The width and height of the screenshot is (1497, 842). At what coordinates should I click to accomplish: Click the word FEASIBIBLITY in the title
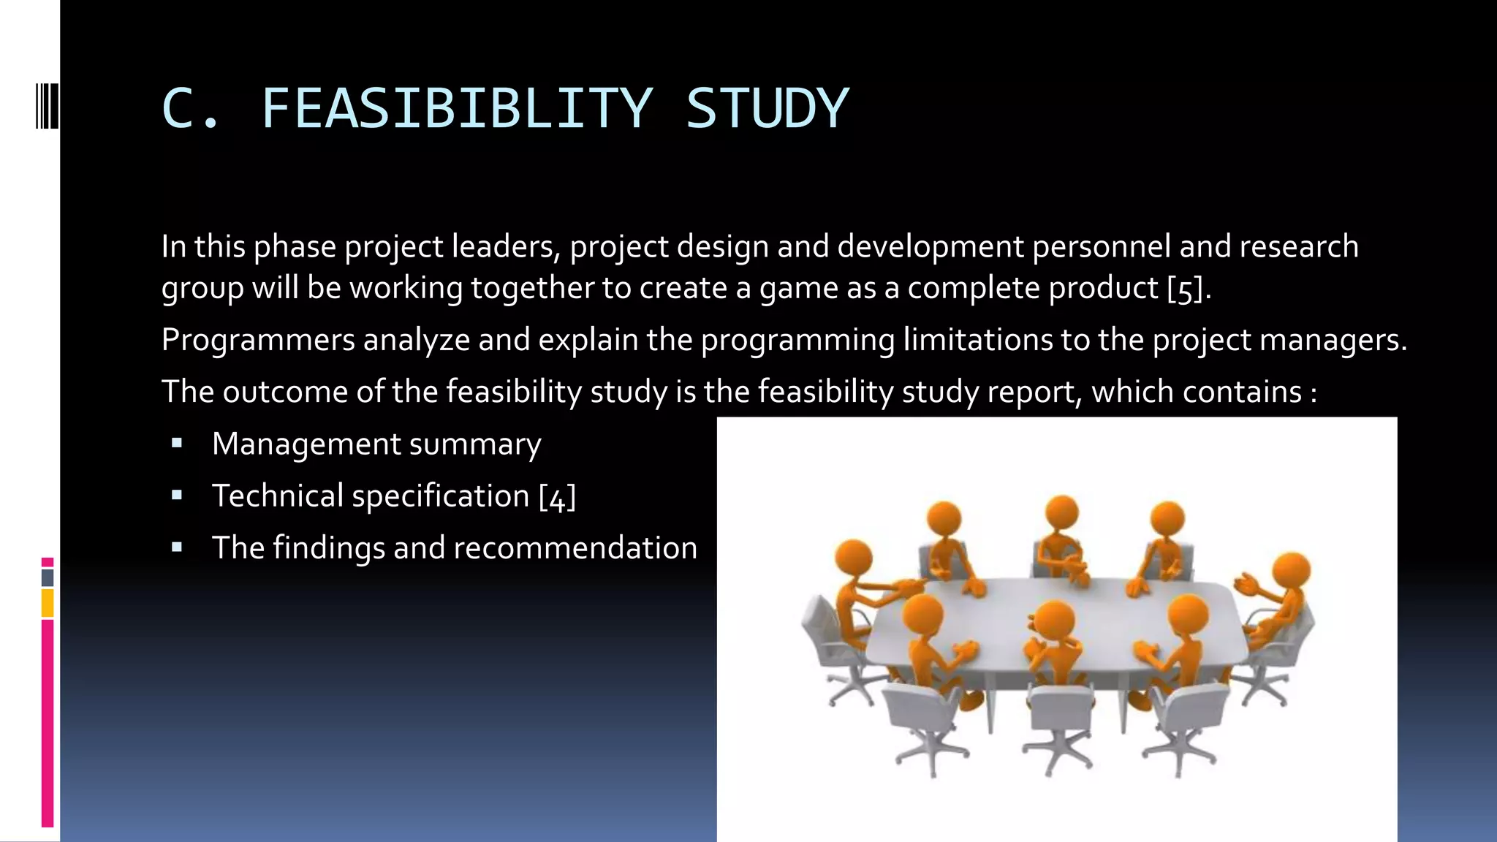point(456,108)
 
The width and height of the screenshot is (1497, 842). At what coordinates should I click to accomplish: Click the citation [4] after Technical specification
point(557,497)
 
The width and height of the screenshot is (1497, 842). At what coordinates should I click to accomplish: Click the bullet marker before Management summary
point(177,443)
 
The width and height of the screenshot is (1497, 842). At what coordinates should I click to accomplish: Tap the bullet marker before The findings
point(177,547)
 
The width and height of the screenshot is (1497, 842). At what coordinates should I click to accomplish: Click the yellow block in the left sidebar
point(48,604)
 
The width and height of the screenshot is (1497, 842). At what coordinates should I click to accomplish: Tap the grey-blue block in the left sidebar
point(48,577)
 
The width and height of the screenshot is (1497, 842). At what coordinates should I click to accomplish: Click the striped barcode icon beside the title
point(47,106)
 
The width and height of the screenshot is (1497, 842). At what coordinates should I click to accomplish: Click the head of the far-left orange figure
point(854,559)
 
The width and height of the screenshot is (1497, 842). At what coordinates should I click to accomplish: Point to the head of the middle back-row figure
point(1061,512)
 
